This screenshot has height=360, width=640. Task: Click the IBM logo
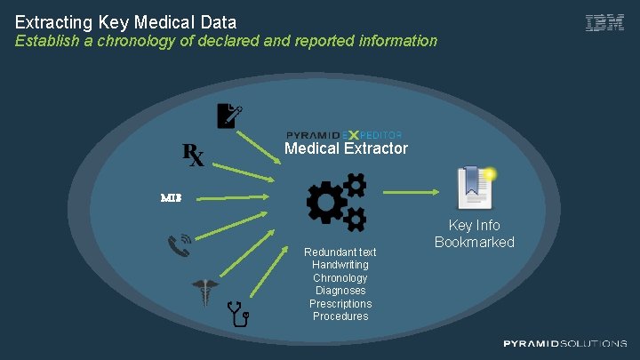click(x=604, y=24)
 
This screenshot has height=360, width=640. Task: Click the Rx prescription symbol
click(x=194, y=155)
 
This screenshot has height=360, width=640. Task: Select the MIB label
click(x=171, y=197)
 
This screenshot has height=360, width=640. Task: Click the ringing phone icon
click(x=180, y=244)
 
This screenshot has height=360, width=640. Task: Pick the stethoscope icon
click(x=239, y=314)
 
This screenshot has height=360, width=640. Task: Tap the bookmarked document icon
click(x=474, y=186)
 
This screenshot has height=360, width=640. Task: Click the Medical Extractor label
click(x=346, y=148)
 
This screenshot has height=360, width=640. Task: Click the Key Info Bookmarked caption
click(x=474, y=234)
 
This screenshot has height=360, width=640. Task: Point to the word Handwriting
click(x=340, y=265)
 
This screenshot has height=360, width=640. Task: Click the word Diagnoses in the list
click(x=340, y=291)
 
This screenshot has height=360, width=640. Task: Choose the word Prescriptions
click(x=340, y=304)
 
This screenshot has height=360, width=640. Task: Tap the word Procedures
click(x=340, y=316)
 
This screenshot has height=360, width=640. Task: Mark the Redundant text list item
click(x=340, y=252)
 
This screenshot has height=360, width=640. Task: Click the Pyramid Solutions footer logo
click(x=564, y=343)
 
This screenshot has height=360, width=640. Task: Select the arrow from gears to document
click(x=413, y=189)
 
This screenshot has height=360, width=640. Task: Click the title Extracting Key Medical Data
click(x=125, y=20)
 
